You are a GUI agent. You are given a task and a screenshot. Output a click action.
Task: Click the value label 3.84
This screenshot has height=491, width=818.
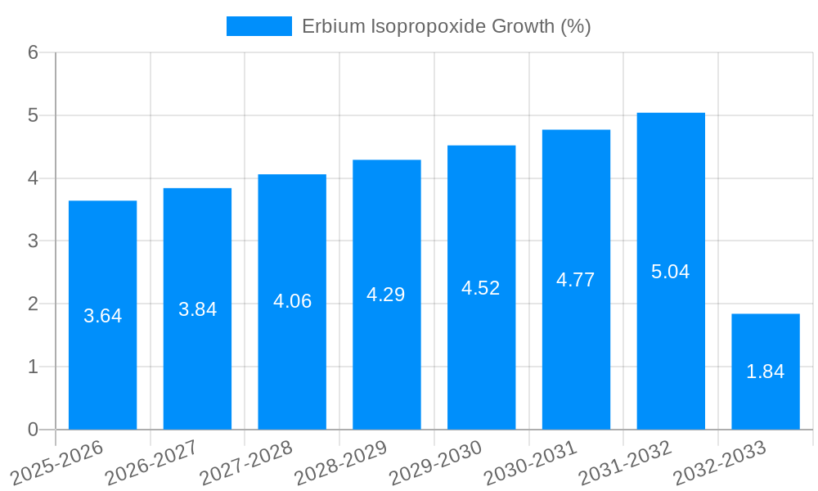pyautogui.click(x=197, y=309)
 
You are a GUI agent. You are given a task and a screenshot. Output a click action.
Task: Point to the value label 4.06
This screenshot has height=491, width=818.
pyautogui.click(x=292, y=301)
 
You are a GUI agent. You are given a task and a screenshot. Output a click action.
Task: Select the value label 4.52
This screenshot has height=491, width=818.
pyautogui.click(x=481, y=288)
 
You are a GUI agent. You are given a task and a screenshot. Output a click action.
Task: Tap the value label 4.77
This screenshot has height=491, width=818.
pyautogui.click(x=576, y=280)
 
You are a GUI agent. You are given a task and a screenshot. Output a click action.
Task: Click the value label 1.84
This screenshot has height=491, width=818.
pyautogui.click(x=766, y=372)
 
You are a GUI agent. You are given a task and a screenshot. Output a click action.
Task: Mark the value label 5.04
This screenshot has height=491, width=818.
pyautogui.click(x=671, y=272)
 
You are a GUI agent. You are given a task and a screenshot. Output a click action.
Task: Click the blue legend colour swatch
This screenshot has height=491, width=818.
pyautogui.click(x=258, y=26)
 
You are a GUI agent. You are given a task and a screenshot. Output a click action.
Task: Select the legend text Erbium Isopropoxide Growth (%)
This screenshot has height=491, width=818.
pyautogui.click(x=446, y=26)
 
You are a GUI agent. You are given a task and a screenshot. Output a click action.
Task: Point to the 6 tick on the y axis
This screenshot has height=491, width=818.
pyautogui.click(x=33, y=52)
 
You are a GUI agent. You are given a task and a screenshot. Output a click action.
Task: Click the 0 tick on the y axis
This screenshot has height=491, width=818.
pyautogui.click(x=33, y=430)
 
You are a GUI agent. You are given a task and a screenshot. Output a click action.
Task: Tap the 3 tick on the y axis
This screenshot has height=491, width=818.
pyautogui.click(x=33, y=241)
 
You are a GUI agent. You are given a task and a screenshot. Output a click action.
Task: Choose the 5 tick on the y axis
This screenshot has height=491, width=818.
pyautogui.click(x=33, y=115)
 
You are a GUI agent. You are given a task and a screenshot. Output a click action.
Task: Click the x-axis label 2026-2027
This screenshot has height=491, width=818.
pyautogui.click(x=152, y=462)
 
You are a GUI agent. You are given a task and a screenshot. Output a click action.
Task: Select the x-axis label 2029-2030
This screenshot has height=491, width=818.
pyautogui.click(x=436, y=462)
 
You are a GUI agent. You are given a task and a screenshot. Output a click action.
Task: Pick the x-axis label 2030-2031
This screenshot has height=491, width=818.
pyautogui.click(x=530, y=462)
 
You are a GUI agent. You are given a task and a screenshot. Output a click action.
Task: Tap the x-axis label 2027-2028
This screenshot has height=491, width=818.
pyautogui.click(x=246, y=462)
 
